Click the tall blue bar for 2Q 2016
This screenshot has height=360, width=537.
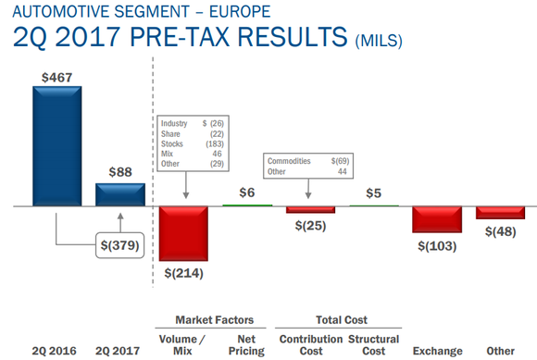(56, 145)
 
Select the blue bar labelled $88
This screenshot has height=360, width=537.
(120, 194)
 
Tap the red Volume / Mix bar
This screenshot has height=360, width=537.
(183, 233)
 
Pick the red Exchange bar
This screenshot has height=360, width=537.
(437, 219)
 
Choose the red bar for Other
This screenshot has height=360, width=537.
(500, 212)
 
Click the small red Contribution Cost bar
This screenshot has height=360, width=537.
(310, 209)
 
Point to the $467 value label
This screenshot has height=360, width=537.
(56, 76)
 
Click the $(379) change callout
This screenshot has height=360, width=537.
(119, 246)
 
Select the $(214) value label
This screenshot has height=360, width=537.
(183, 273)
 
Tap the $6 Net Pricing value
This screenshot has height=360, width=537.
(246, 192)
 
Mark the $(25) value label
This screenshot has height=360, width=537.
(310, 227)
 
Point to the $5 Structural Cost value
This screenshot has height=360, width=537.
(373, 192)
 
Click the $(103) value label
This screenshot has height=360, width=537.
(437, 246)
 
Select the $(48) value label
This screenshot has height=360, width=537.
(500, 231)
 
